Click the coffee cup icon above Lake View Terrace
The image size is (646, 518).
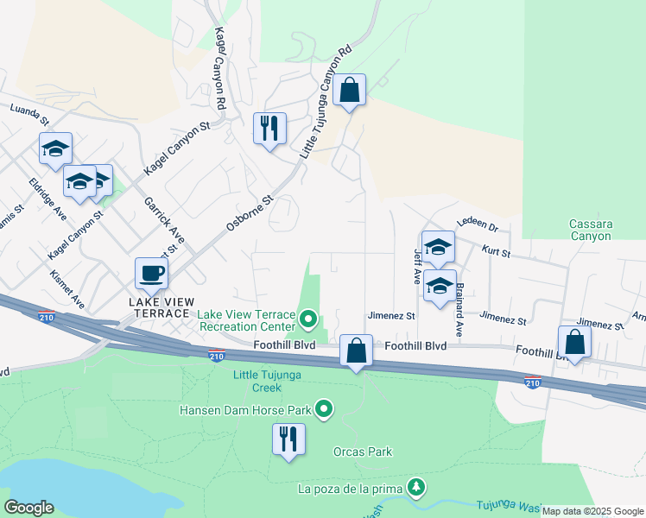click(152, 274)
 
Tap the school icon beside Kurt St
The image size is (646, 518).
click(438, 247)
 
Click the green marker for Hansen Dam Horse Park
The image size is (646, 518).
click(324, 408)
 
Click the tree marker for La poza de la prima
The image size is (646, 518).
click(416, 488)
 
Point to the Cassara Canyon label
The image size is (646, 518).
click(591, 230)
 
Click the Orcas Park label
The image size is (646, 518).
click(363, 452)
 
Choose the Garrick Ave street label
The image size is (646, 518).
click(164, 220)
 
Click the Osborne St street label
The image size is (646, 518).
click(250, 212)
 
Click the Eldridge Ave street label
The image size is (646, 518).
click(47, 199)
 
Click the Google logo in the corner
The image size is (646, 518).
click(28, 508)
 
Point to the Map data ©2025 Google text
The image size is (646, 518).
click(592, 511)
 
